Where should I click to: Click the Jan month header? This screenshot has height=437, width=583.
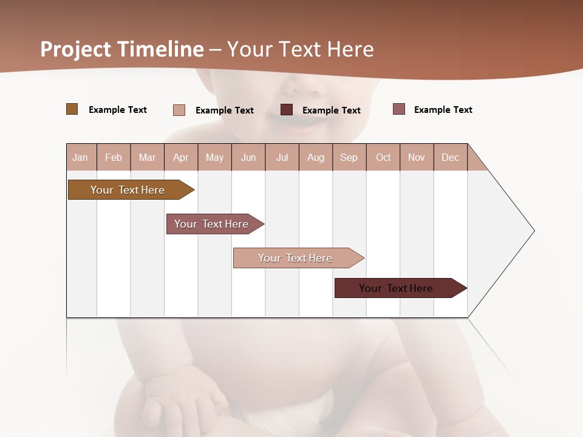click(x=81, y=157)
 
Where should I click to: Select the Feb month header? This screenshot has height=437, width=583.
click(x=114, y=157)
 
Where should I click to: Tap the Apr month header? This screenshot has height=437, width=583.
click(x=181, y=157)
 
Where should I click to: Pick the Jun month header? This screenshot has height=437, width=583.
click(x=248, y=157)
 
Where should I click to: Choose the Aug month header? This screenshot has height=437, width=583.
click(x=316, y=157)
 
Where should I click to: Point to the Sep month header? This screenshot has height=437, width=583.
click(x=349, y=157)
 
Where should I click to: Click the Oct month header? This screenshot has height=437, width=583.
click(x=383, y=157)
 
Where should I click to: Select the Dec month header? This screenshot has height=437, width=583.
click(x=451, y=157)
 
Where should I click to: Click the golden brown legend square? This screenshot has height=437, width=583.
click(x=72, y=109)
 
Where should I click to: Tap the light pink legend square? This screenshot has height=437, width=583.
click(x=179, y=110)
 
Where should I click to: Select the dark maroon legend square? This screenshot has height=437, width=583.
click(x=287, y=110)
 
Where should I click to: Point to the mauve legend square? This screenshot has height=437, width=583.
click(x=398, y=109)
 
